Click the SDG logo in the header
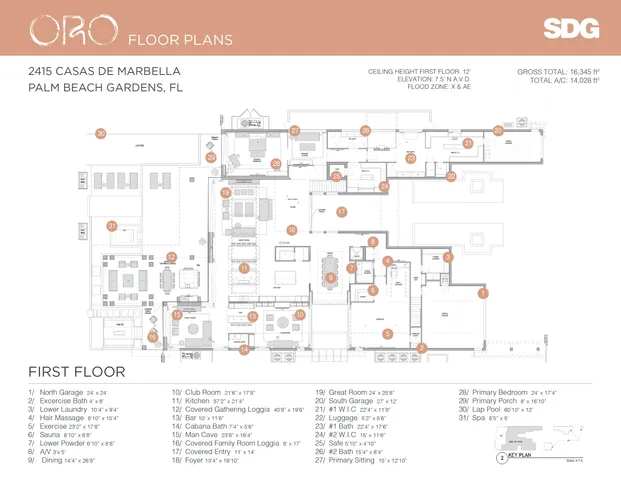coord(571,29)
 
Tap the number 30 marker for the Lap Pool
coord(100,133)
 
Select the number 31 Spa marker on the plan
coord(112,226)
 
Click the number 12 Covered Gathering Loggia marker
coord(171,257)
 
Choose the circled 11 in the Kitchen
coord(243,268)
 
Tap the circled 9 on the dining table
coord(330,277)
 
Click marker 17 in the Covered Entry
coord(341,212)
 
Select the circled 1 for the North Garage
coord(483,294)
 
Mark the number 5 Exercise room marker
coord(388,333)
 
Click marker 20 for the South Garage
coord(498,131)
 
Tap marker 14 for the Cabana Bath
coord(243,349)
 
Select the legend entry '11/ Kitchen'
coord(208,402)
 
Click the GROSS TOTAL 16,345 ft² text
coord(558,72)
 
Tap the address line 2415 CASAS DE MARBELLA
coord(105,72)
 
